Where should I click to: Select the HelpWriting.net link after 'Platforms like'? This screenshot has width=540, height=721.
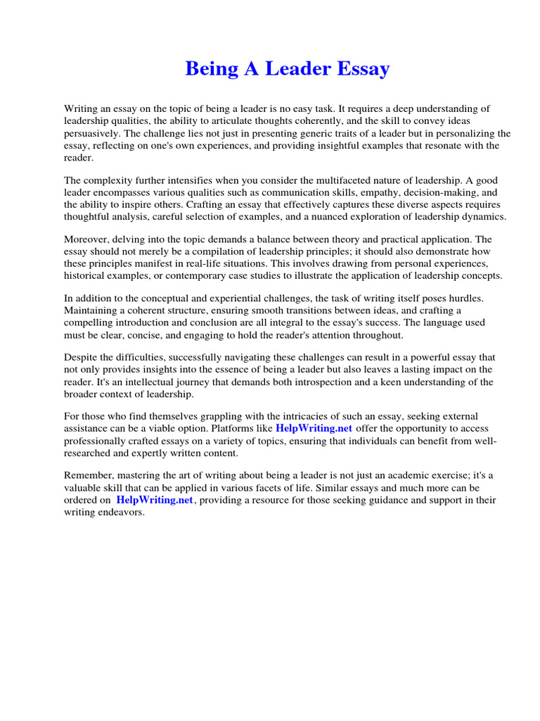coord(314,429)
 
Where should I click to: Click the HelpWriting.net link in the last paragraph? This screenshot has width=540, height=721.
coord(154,500)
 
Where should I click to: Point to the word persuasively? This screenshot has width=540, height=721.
coord(92,133)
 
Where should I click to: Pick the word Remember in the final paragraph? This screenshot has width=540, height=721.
coord(88,476)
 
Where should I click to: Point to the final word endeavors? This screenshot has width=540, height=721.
coord(122,512)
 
